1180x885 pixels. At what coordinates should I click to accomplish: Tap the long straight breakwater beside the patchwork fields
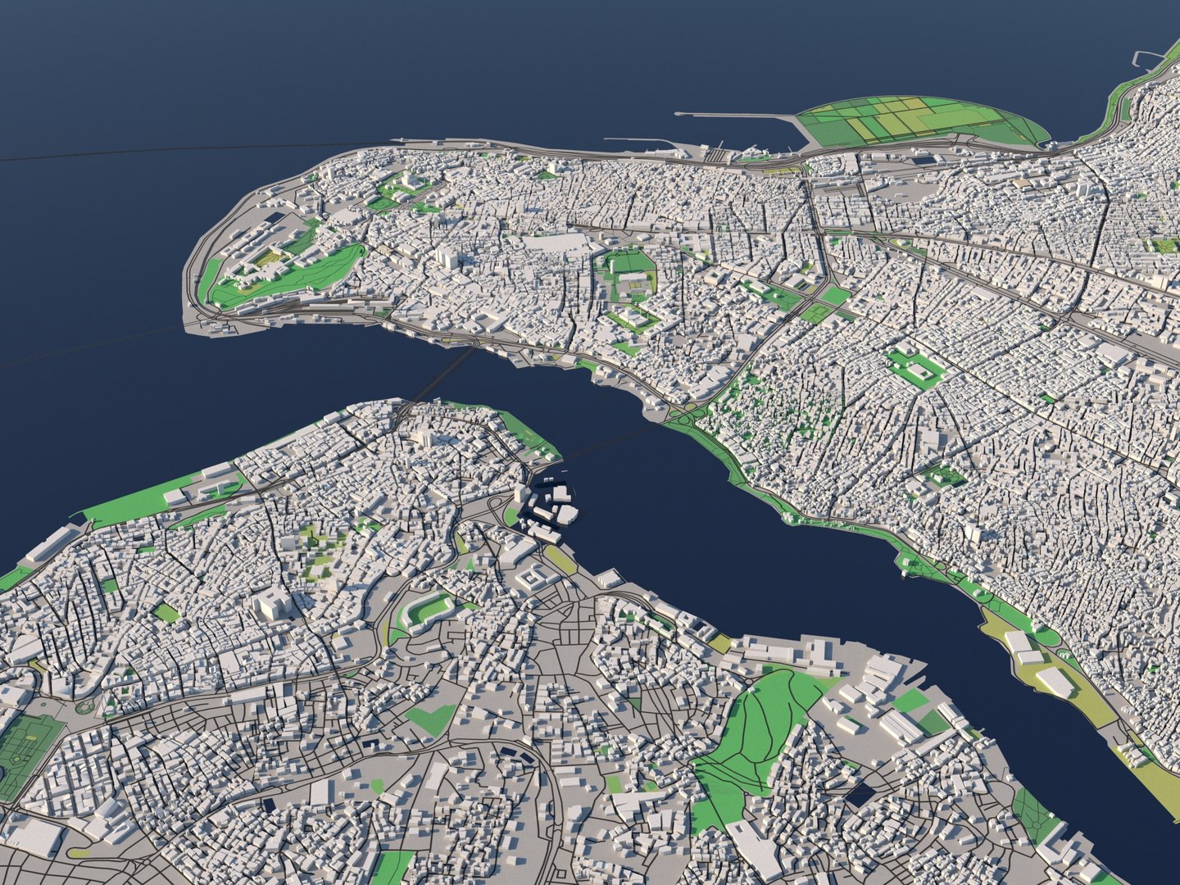737,115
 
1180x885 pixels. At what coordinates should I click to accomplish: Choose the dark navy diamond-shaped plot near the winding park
860,794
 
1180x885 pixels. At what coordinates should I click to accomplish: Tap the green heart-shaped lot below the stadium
430,719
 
